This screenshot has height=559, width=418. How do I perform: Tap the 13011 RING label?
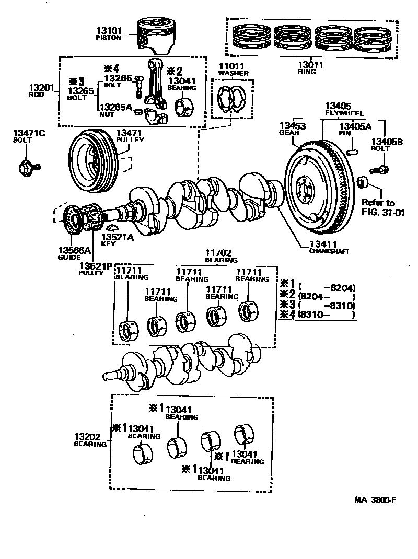(310, 68)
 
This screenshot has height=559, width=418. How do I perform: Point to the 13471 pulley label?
(130, 136)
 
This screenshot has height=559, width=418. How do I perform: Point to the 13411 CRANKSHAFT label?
(329, 247)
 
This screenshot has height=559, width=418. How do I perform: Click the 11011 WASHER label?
(233, 69)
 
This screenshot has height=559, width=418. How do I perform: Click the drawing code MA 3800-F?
(375, 499)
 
